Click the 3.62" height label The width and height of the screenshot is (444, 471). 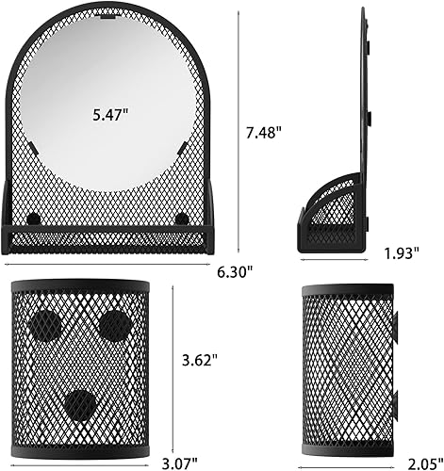[202, 360]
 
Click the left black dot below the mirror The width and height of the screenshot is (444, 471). [35, 219]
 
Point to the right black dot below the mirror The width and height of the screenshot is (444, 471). [181, 219]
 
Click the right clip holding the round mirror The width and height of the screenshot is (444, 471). [184, 147]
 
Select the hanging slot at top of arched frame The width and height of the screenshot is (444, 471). [108, 16]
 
